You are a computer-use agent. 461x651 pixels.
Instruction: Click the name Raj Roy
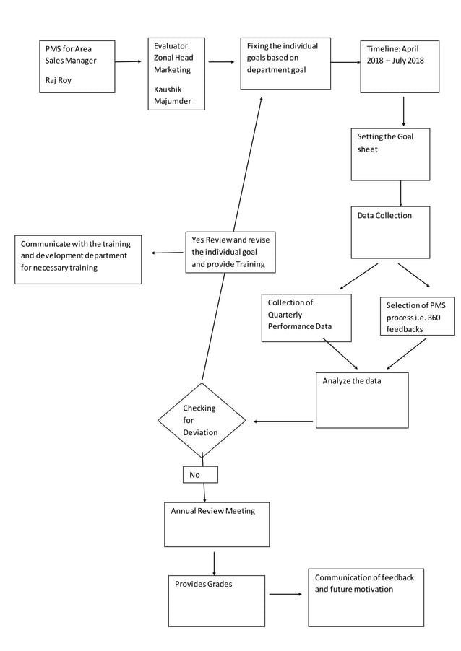(59, 80)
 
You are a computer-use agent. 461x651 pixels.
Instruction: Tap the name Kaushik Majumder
(173, 95)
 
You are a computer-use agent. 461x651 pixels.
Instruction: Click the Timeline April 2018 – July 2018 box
(400, 66)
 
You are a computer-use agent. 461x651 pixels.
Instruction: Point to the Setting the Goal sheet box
(390, 154)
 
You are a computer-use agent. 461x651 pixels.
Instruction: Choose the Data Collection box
(390, 232)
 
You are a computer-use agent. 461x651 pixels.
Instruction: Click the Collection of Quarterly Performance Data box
(306, 317)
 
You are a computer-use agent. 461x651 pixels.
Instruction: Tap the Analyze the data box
(361, 399)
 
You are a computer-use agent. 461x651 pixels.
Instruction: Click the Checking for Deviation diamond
(202, 420)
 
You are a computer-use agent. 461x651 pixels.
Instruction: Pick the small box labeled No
(200, 474)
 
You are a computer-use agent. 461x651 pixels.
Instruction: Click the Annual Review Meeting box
(217, 524)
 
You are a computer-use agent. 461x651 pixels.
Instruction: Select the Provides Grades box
(216, 600)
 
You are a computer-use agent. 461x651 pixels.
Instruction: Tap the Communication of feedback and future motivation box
(366, 597)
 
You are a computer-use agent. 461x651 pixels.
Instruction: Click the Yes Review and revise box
(231, 252)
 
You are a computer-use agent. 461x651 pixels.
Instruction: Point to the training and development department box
(78, 258)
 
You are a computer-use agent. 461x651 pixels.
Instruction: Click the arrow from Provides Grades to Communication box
(285, 594)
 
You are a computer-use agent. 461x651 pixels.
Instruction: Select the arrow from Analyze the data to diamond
(283, 421)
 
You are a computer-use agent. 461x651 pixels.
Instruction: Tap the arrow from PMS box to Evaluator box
(128, 62)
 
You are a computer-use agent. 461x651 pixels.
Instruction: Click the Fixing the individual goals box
(285, 64)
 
